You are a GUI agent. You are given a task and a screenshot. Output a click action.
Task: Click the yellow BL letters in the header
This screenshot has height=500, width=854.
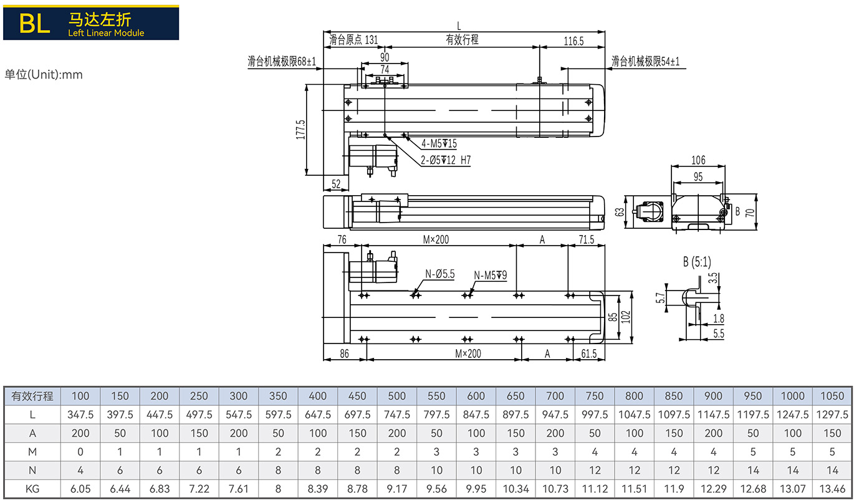tap(35, 24)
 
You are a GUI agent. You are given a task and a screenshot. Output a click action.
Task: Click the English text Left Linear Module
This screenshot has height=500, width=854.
tap(106, 33)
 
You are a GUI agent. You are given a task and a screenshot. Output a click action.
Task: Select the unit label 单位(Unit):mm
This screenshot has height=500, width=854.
tap(44, 74)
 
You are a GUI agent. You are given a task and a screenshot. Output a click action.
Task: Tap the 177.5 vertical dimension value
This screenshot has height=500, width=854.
tap(301, 130)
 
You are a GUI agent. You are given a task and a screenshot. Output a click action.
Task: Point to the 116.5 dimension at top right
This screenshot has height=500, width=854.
tap(573, 41)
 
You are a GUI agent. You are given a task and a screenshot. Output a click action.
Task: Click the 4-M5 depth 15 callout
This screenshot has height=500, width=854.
tap(439, 144)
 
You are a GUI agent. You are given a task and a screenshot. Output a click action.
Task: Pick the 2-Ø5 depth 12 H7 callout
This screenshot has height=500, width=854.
tap(446, 160)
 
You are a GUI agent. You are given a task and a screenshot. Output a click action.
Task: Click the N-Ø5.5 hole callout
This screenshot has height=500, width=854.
tap(440, 274)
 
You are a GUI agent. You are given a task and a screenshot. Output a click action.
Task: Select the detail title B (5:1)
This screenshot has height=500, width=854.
tap(697, 262)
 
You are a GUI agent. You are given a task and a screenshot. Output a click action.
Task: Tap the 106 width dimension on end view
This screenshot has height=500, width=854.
tap(698, 160)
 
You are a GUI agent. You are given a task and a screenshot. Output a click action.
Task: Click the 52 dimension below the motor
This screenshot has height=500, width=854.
tap(336, 184)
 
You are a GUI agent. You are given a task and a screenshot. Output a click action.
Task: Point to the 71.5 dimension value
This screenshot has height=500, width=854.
tap(587, 239)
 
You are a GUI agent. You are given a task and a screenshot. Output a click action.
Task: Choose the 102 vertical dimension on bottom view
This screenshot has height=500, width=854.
tap(626, 317)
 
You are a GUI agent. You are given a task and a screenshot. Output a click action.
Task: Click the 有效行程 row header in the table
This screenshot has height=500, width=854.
tap(32, 397)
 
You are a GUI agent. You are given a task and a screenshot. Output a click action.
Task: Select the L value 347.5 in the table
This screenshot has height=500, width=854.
tap(80, 415)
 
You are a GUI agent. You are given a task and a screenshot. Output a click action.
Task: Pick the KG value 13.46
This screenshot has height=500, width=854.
tap(832, 489)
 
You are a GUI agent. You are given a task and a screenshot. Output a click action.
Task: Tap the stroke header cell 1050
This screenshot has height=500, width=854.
tap(832, 396)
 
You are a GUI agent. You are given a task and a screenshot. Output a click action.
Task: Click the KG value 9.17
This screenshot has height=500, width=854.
tap(397, 489)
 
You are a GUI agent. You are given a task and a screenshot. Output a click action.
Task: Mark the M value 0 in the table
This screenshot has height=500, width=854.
tap(80, 452)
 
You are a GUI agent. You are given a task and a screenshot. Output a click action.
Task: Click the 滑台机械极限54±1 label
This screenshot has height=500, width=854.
tap(645, 61)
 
